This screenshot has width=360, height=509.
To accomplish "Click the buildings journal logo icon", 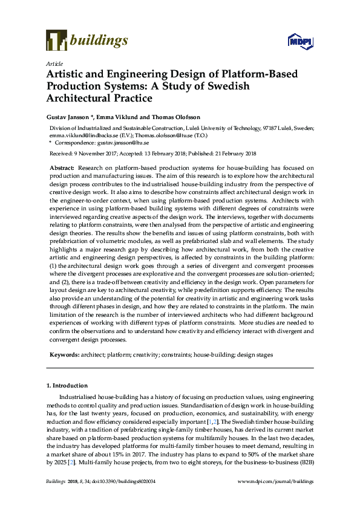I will pyautogui.click(x=56, y=40).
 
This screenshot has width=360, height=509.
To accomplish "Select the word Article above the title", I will pyautogui.click(x=53, y=63).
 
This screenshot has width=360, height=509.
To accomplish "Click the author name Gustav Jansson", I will pyautogui.click(x=68, y=116).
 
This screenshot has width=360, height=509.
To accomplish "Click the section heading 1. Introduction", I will pyautogui.click(x=67, y=385).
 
